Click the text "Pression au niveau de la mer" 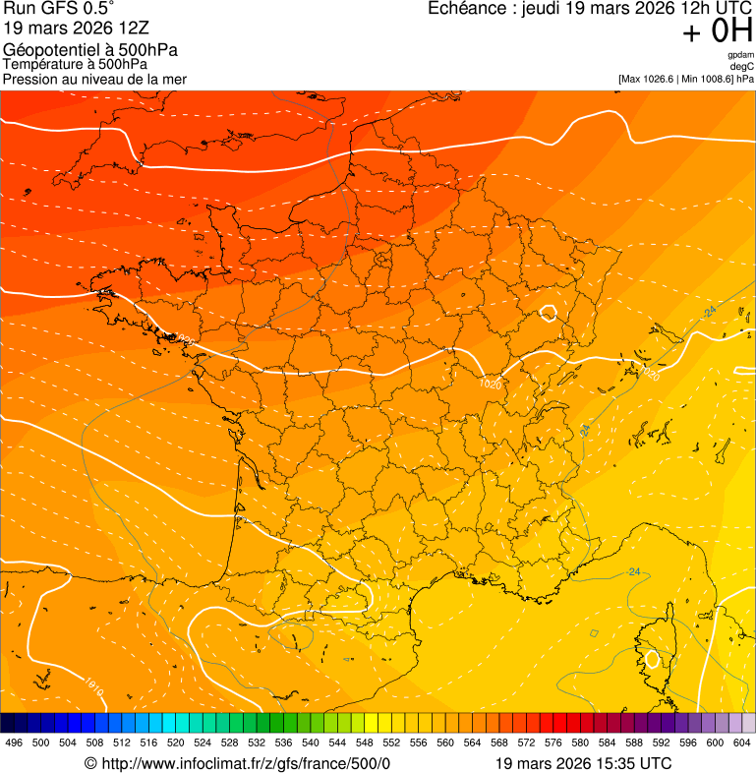(x=94, y=79)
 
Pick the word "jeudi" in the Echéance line (x=552, y=9)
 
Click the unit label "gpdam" (x=740, y=55)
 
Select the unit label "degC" (x=742, y=67)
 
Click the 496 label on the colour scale (x=14, y=743)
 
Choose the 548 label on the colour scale (x=365, y=743)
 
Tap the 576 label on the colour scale (x=553, y=743)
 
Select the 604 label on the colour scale (x=742, y=743)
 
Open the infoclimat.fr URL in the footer (x=246, y=764)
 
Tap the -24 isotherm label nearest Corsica (x=634, y=572)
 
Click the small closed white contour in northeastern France (x=549, y=314)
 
